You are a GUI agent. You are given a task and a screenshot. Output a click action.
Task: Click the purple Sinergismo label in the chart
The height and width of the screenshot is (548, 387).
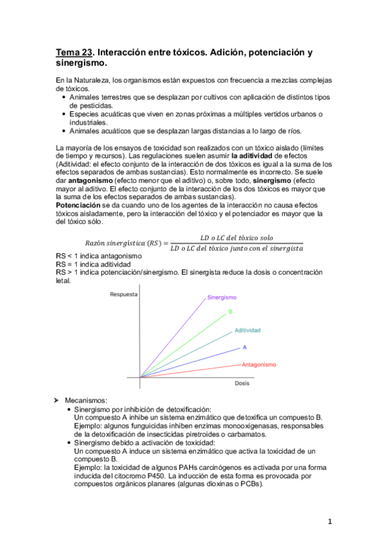point(222,297)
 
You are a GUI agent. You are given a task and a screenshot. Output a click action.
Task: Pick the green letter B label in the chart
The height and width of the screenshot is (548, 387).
point(231,313)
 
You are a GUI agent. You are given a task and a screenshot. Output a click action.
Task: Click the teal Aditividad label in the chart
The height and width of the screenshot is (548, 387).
point(247,330)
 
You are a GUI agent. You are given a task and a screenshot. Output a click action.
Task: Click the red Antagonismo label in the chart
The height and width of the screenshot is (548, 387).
point(259,364)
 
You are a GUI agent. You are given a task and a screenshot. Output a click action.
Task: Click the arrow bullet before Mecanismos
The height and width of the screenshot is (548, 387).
point(60,401)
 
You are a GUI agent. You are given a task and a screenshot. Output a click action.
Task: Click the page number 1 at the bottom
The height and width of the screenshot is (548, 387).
point(329,522)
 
